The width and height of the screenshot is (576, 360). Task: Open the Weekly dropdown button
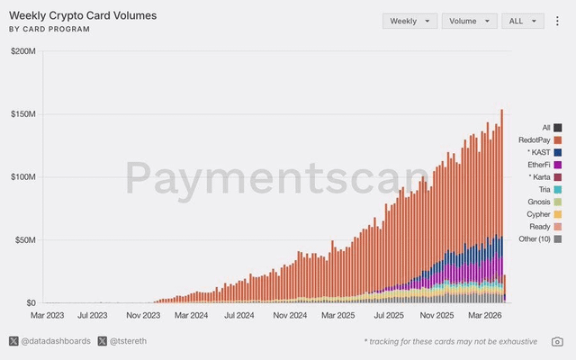tap(409, 21)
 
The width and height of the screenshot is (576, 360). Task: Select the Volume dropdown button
tap(469, 21)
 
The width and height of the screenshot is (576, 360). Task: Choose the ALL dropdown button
tap(523, 21)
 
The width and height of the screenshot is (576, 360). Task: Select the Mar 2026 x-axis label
tap(487, 316)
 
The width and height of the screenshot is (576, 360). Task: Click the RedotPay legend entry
tap(535, 139)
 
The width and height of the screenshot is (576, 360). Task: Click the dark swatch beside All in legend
tap(558, 128)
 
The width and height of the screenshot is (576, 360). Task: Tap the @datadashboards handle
tap(55, 341)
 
